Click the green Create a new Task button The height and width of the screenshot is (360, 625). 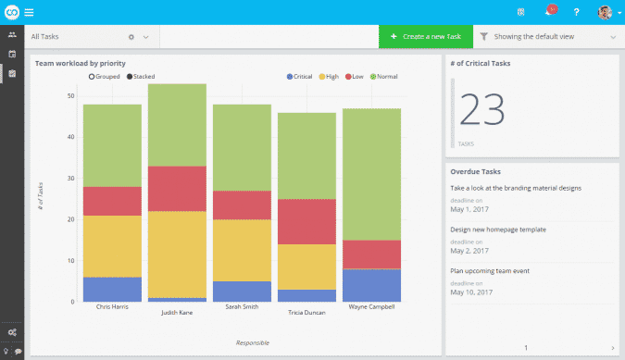click(x=425, y=37)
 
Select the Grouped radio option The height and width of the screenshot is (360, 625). click(x=92, y=76)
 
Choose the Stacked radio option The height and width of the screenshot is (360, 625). click(x=130, y=76)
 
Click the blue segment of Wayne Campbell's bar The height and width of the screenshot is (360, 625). click(x=371, y=285)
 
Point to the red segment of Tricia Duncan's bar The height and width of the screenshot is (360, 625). click(x=306, y=221)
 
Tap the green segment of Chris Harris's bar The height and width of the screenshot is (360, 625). click(x=112, y=145)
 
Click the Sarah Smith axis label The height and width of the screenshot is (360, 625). click(x=242, y=307)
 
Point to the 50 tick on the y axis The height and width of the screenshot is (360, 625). click(x=71, y=95)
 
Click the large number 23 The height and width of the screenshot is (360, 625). click(x=481, y=109)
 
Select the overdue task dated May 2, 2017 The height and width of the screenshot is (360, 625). click(x=498, y=229)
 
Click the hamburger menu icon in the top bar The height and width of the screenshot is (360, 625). click(x=30, y=12)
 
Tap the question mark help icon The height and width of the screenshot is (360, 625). click(x=577, y=12)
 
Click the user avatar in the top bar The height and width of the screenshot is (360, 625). click(x=605, y=12)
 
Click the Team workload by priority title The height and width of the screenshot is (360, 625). click(x=80, y=63)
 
